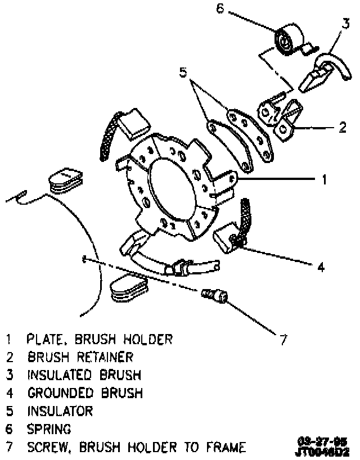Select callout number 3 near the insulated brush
point(345,24)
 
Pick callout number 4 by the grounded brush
point(321,267)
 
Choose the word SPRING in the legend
point(49,429)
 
